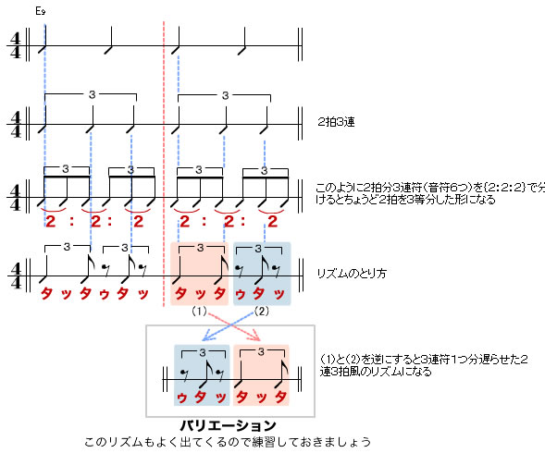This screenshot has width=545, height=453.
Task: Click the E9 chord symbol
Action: tap(41, 11)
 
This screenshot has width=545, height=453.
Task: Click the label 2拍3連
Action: tap(336, 122)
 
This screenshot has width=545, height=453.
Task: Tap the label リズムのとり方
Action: tap(352, 274)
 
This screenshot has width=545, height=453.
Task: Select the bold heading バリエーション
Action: tap(228, 425)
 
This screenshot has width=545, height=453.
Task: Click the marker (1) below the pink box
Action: tap(199, 312)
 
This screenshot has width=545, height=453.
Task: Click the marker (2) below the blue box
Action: tap(262, 312)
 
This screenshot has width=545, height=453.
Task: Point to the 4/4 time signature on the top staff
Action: tap(16, 45)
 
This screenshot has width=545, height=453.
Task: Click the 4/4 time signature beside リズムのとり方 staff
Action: tap(16, 276)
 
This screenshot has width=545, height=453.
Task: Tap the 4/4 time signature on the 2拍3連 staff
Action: tap(16, 125)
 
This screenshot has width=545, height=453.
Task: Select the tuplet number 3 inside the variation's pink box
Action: tap(261, 351)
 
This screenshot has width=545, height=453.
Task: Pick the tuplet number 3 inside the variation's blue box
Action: tap(203, 352)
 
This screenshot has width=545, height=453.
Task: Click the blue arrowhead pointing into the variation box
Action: tap(205, 337)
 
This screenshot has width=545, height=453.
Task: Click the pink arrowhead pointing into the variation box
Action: tap(256, 337)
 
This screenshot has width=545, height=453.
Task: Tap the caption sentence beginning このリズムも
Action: tap(228, 442)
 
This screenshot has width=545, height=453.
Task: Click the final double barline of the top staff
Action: tap(300, 44)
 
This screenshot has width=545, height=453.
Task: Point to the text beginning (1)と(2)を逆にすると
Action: tap(424, 365)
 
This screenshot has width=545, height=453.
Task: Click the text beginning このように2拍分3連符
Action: tap(430, 193)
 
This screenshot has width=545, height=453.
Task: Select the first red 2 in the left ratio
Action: tap(51, 222)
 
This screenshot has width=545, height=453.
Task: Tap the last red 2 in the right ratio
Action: tap(273, 222)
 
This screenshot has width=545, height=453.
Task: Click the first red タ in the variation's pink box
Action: tap(242, 397)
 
